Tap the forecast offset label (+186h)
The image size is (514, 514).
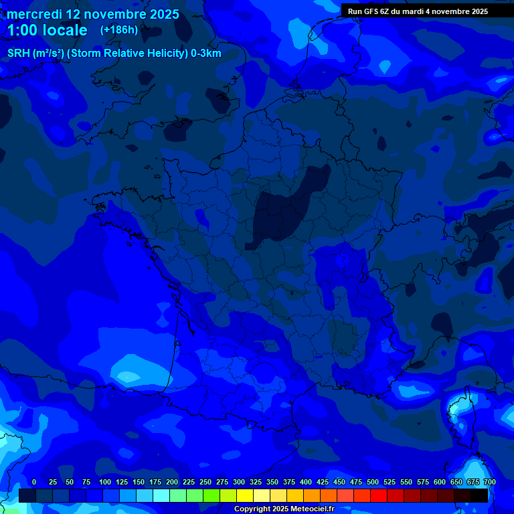coord(119,30)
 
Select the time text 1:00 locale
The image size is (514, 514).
coord(47,30)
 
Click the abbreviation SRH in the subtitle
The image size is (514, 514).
coord(18,54)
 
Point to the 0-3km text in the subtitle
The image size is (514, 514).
coord(205,54)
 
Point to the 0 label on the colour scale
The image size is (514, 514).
coord(34,482)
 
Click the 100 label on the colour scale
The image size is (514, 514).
coord(105,482)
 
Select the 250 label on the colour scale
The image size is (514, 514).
coord(205,482)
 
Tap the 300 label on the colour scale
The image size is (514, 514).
coord(239,482)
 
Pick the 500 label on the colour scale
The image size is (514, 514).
coord(373,482)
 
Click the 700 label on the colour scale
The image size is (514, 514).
coord(489,482)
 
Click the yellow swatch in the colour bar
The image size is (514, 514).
coord(245,496)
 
